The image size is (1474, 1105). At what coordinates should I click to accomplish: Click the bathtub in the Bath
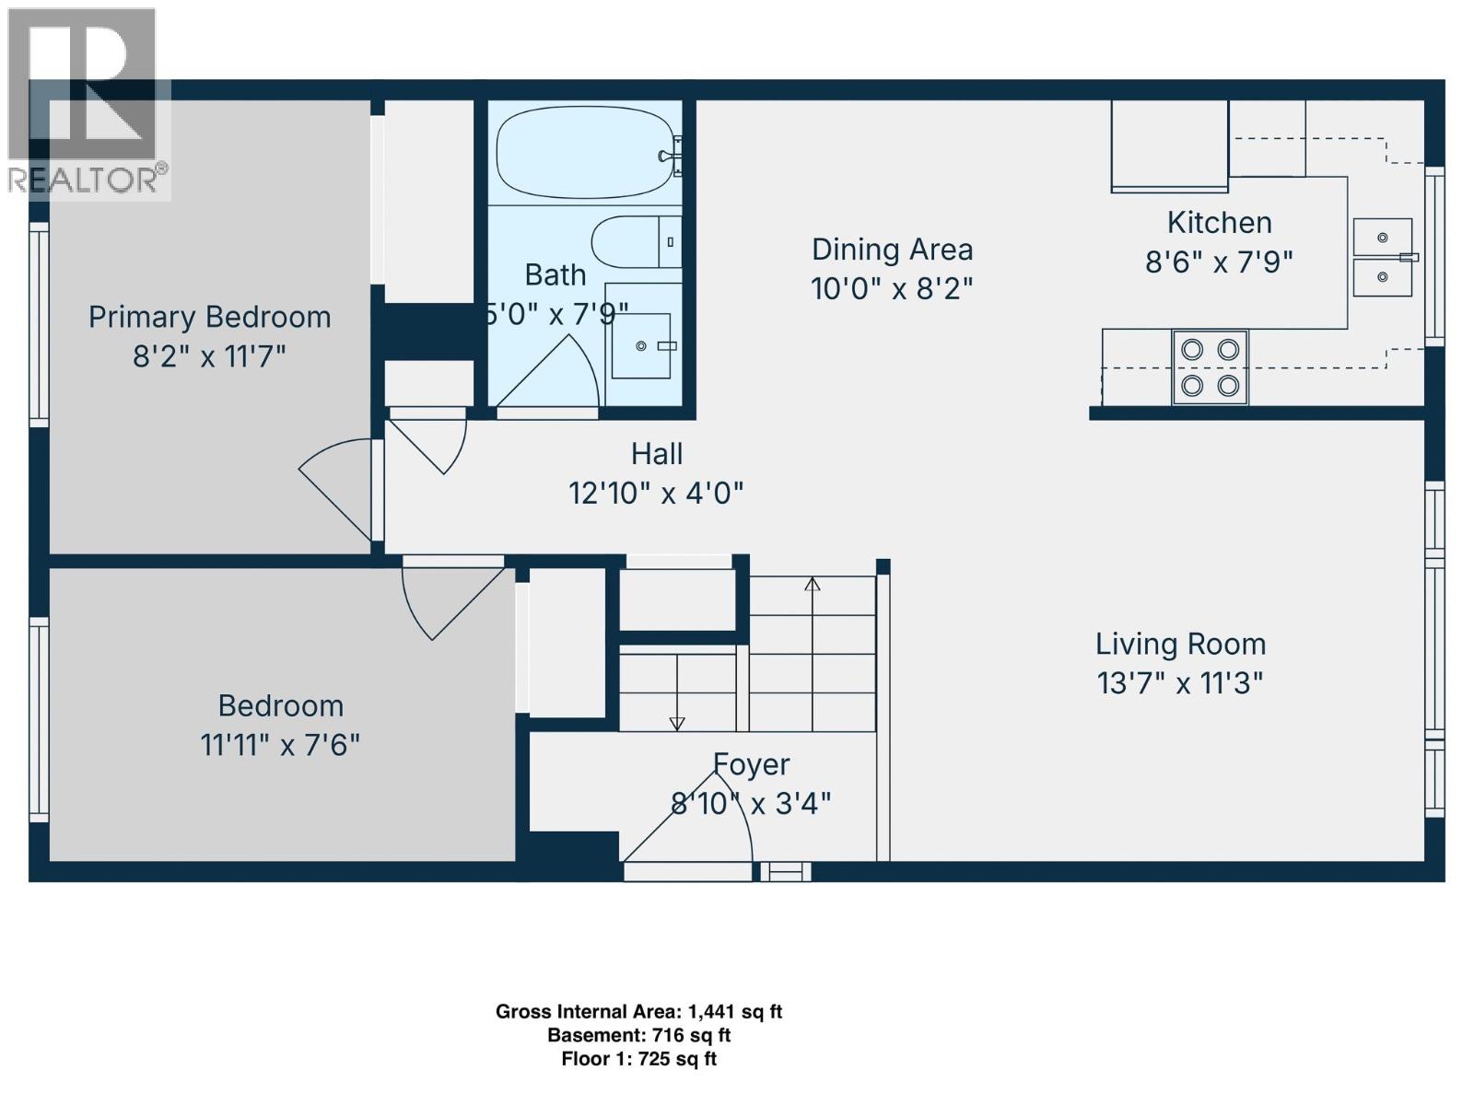point(582,153)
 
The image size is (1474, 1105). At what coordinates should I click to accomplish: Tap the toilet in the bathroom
point(634,242)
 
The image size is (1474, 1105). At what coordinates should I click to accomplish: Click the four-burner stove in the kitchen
point(1210,367)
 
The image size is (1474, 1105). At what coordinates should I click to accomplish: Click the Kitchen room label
point(1219,223)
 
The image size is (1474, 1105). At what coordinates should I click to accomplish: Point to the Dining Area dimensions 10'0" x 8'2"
point(892,289)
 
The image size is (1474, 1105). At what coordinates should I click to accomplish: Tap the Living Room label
point(1180,644)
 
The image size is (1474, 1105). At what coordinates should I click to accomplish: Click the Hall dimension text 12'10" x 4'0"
point(656,494)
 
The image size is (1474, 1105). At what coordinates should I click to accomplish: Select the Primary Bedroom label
point(209,317)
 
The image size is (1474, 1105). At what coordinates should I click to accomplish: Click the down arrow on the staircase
point(677,724)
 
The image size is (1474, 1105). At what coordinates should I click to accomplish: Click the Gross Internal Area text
point(638,1012)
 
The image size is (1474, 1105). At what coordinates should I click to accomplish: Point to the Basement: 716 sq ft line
point(638,1036)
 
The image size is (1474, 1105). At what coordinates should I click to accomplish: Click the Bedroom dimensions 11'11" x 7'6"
point(280,745)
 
